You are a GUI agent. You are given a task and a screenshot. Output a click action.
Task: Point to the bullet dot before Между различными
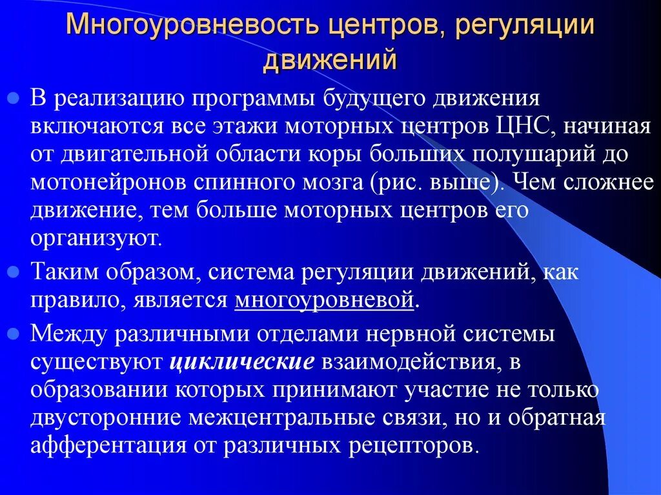[14, 334]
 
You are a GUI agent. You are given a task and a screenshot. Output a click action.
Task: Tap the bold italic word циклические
[242, 362]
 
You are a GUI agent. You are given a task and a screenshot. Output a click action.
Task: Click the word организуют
[95, 239]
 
